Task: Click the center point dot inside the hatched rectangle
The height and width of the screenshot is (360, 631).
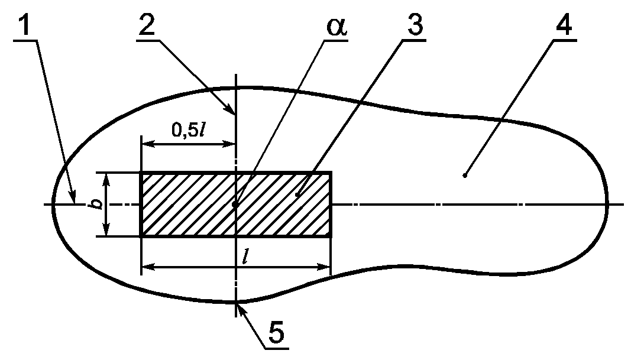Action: [x=235, y=205]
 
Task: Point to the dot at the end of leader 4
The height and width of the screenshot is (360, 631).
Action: [x=465, y=176]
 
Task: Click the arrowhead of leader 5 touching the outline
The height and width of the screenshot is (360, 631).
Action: [x=238, y=304]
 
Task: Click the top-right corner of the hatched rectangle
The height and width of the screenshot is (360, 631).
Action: [x=330, y=173]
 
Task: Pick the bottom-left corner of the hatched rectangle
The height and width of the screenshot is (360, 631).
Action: [x=141, y=236]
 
